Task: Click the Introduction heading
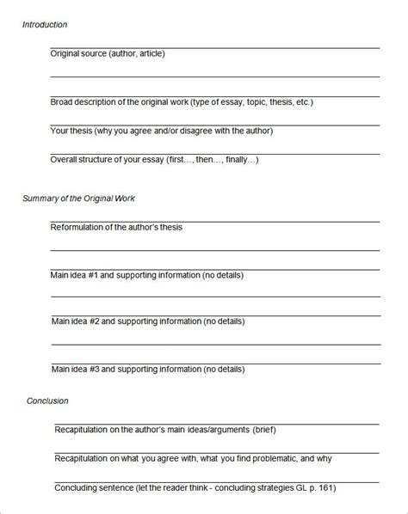(45, 24)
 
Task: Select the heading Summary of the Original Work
(78, 199)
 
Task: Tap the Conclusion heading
(47, 401)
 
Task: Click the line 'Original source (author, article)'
(108, 53)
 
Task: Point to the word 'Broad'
(63, 101)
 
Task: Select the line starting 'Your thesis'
(161, 131)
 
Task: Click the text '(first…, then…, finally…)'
(209, 159)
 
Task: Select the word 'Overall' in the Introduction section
(66, 159)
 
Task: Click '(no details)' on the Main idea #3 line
(224, 369)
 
